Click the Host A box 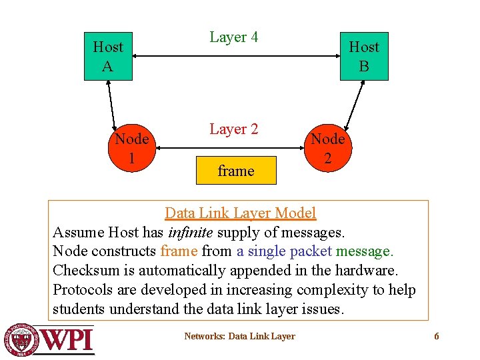pos(108,57)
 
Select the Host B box pos(364,57)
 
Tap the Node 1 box pos(131,148)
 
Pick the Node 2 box pos(328,148)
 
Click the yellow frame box pos(236,171)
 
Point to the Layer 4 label pos(233,37)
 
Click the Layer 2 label pos(233,129)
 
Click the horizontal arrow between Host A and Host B pos(236,57)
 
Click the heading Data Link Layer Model pos(240,213)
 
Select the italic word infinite pos(190,233)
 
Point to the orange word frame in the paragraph pos(178,251)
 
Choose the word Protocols pos(83,290)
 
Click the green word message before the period pos(364,251)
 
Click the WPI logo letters pos(67,339)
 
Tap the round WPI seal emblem pos(21,339)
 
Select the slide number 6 pos(437,337)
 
